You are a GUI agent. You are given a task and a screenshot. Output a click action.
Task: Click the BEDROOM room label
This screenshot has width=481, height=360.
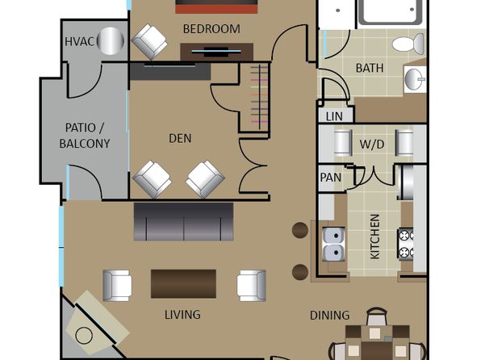coord(211,29)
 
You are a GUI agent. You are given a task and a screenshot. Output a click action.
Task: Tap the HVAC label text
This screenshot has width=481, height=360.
coord(79,41)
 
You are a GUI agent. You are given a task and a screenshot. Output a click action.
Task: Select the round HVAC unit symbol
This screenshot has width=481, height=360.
coord(111,41)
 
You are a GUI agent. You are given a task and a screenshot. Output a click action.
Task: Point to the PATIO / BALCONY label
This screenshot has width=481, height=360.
coord(85,136)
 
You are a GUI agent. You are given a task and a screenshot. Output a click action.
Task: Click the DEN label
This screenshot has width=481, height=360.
coord(180,138)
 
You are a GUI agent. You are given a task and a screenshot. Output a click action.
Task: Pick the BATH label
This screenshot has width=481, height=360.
coord(370,68)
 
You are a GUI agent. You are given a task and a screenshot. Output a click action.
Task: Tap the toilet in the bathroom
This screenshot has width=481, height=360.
coord(408,44)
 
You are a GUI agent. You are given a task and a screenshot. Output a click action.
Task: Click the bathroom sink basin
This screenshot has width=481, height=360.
coord(415,78)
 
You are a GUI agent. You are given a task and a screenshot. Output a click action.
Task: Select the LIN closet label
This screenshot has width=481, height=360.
coord(334,116)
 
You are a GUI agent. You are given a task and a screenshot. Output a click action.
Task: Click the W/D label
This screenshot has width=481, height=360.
coord(372,144)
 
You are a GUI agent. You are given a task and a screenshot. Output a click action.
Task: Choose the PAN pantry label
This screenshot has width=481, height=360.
coord(331,178)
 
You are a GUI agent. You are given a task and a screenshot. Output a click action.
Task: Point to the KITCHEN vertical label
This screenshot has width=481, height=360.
coord(374,237)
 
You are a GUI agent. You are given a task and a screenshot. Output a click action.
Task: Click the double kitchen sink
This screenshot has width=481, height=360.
coord(333,245)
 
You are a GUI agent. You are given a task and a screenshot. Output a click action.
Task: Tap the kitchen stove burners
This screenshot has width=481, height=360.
coord(405,245)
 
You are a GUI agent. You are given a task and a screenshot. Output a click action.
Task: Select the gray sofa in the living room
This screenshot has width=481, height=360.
coord(183,222)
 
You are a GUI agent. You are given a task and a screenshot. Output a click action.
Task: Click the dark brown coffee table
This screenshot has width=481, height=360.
coord(183,284)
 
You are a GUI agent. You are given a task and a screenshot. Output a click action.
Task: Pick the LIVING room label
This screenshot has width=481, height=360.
coord(182,315)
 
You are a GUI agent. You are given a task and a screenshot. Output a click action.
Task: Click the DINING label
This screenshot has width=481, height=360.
coord(330,316)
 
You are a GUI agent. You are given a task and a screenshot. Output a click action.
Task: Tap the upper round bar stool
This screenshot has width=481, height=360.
coord(300,231)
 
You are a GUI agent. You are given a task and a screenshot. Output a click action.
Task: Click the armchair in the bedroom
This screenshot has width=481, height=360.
coord(149,42)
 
